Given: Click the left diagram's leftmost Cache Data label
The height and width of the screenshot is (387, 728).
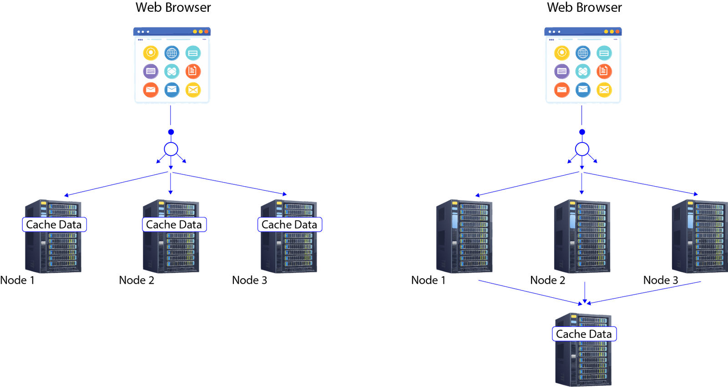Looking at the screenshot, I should (54, 224).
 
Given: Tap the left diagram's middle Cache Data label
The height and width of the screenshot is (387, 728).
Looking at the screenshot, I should (174, 224).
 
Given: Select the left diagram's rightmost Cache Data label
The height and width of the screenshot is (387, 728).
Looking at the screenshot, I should (290, 224).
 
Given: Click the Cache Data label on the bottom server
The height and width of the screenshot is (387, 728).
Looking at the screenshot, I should (584, 334).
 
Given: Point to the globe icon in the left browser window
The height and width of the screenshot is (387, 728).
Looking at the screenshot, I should (172, 53).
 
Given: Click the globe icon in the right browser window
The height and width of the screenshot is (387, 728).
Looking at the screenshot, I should (583, 53).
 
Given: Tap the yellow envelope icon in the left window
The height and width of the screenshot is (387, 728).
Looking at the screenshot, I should (193, 90).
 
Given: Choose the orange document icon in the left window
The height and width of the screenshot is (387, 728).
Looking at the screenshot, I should (193, 71).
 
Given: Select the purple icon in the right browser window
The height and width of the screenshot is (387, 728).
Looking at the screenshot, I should (562, 71).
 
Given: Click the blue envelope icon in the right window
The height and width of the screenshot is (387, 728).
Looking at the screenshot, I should (583, 90).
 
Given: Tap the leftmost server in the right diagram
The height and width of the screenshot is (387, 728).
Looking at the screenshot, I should (465, 236).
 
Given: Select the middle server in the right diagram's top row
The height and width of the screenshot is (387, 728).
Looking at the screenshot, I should (582, 236).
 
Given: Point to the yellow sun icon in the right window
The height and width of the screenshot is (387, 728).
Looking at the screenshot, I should (562, 53).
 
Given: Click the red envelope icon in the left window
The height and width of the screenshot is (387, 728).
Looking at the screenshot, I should (151, 90).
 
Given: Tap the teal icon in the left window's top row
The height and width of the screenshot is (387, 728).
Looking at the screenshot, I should (193, 53).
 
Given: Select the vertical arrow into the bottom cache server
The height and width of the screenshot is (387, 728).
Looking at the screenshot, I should (585, 291).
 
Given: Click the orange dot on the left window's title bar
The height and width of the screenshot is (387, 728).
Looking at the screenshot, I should (206, 31).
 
